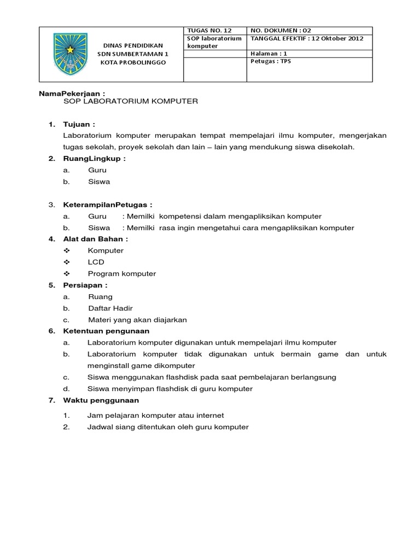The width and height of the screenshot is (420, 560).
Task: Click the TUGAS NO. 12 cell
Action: [206, 31]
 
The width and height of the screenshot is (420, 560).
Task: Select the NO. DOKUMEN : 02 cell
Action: [281, 31]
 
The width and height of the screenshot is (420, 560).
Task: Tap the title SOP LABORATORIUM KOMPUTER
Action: [131, 102]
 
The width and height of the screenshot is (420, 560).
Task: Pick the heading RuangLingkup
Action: [95, 159]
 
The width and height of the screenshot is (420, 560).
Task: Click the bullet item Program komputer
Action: [121, 273]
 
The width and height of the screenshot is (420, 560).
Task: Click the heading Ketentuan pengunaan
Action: [106, 331]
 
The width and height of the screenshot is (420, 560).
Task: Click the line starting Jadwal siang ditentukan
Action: [167, 427]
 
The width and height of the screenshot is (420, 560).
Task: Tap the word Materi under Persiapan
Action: [99, 320]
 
